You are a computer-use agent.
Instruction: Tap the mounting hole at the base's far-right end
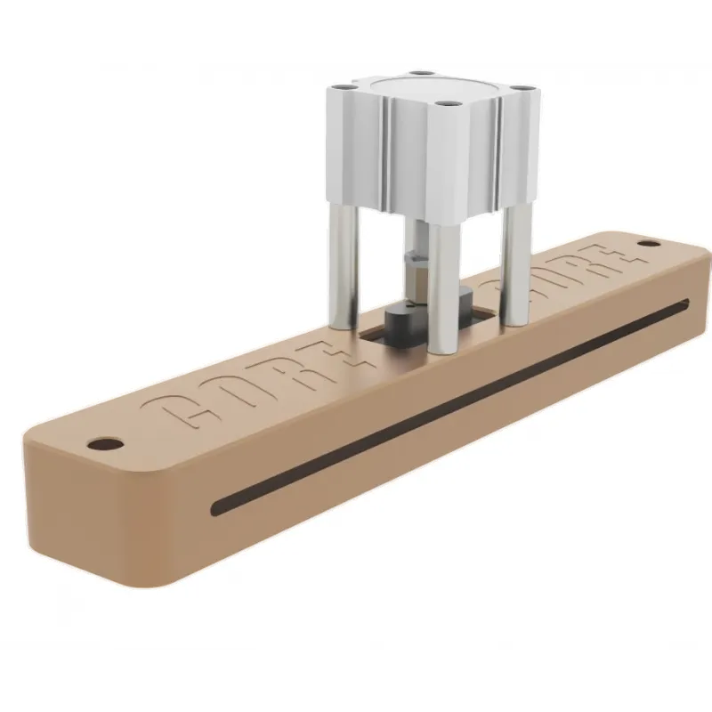651,243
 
